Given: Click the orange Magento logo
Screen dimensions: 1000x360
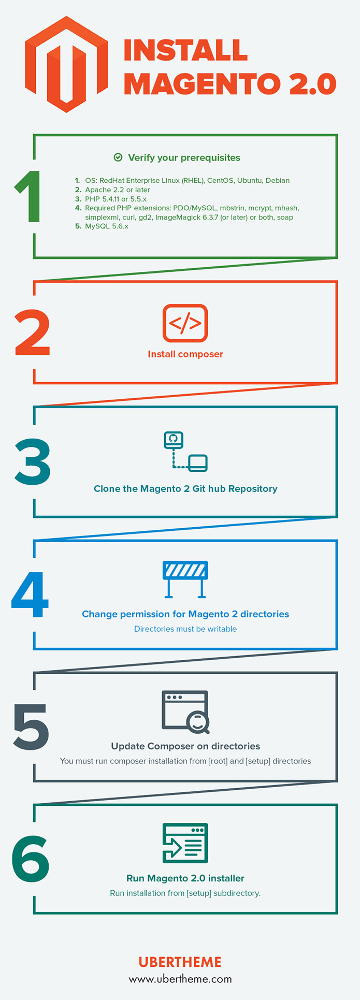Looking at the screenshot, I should pyautogui.click(x=66, y=64).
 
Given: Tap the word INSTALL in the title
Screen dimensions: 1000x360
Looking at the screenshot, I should pyautogui.click(x=185, y=51).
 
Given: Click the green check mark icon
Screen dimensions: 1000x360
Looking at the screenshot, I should pyautogui.click(x=118, y=157).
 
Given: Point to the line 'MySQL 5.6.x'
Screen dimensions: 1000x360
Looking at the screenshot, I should pyautogui.click(x=106, y=226).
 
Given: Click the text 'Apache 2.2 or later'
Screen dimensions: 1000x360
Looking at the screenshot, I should pyautogui.click(x=117, y=190).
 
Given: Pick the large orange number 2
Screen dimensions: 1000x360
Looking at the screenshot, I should pyautogui.click(x=33, y=332).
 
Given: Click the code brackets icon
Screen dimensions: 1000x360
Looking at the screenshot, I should pyautogui.click(x=185, y=323).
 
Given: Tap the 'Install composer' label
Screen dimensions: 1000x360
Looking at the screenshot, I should pyautogui.click(x=185, y=354).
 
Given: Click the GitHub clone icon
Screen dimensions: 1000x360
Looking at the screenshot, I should pyautogui.click(x=185, y=452).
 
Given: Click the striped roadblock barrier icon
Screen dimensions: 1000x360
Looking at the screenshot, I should pyautogui.click(x=185, y=579).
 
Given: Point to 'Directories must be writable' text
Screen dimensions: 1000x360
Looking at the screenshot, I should pyautogui.click(x=185, y=629).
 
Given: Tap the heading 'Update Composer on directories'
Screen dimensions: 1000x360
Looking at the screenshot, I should pyautogui.click(x=185, y=746).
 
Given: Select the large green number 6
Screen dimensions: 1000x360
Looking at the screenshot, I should pyautogui.click(x=31, y=858).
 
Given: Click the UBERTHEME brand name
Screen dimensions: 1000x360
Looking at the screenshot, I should pyautogui.click(x=180, y=962).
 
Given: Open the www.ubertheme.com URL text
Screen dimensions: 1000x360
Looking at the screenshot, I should pyautogui.click(x=180, y=979).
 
